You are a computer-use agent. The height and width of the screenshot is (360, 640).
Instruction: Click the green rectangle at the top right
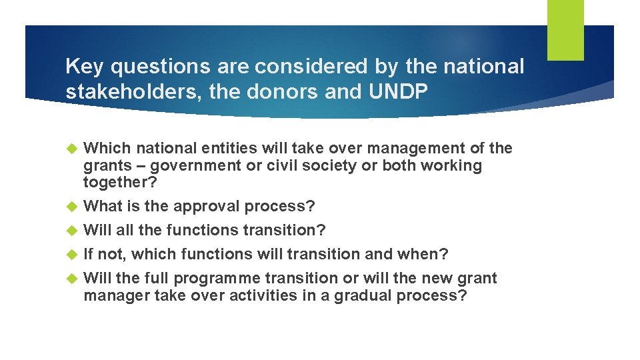click(x=565, y=29)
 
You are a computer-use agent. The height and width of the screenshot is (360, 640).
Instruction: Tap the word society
click(x=329, y=165)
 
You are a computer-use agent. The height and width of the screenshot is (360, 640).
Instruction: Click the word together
click(x=119, y=183)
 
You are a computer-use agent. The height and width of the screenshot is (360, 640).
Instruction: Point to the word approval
click(x=207, y=206)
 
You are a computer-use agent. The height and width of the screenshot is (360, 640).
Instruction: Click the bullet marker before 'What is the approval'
click(x=72, y=207)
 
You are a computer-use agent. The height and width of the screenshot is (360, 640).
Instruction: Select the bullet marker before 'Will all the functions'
click(x=72, y=231)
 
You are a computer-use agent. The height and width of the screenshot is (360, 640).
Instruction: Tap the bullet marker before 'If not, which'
click(x=72, y=255)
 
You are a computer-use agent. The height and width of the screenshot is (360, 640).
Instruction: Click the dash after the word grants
click(x=132, y=165)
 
